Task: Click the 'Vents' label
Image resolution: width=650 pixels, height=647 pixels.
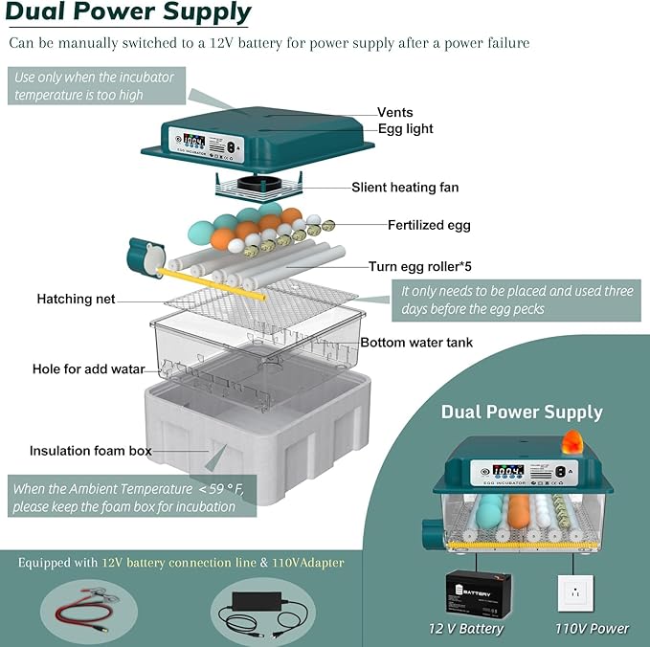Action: (394, 112)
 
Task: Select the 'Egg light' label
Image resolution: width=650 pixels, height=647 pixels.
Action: (406, 129)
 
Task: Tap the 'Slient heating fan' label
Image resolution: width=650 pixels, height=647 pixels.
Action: (405, 188)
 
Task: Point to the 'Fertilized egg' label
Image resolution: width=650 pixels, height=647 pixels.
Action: (429, 225)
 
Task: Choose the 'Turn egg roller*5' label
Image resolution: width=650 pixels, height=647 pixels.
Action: (420, 266)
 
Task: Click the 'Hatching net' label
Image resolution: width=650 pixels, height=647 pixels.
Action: (76, 299)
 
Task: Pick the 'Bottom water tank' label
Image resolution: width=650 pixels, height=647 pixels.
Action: (416, 343)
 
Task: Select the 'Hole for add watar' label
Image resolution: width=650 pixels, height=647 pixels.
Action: (89, 368)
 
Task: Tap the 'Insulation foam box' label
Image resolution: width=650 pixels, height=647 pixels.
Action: (90, 451)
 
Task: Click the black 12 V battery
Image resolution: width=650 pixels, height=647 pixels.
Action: (479, 593)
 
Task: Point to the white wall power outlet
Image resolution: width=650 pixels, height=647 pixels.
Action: (575, 593)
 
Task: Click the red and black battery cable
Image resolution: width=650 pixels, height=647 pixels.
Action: (86, 610)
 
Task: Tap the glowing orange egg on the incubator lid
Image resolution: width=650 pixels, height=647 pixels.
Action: (572, 441)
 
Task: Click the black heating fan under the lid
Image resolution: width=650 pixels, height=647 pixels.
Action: (259, 184)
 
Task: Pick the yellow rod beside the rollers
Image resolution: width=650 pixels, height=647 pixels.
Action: (212, 284)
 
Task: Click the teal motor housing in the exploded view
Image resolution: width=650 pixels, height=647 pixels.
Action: (146, 257)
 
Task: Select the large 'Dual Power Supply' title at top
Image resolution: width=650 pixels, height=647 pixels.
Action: (128, 11)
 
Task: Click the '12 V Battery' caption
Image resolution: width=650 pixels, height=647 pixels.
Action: (466, 629)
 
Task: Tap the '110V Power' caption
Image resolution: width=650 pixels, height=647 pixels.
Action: (592, 629)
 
